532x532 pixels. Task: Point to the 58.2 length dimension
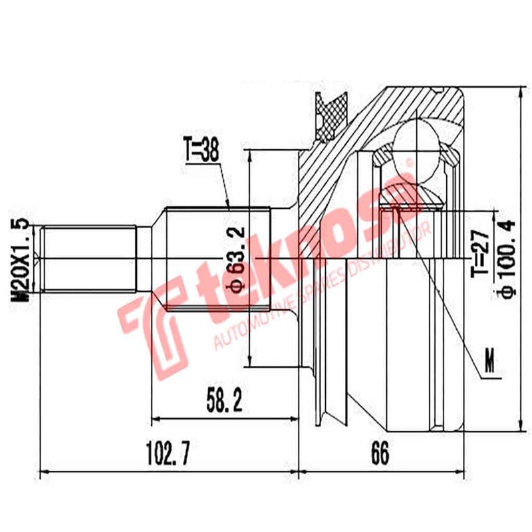[x=223, y=400]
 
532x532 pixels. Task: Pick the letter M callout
[x=489, y=363]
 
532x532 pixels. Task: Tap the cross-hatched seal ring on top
[x=331, y=113]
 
